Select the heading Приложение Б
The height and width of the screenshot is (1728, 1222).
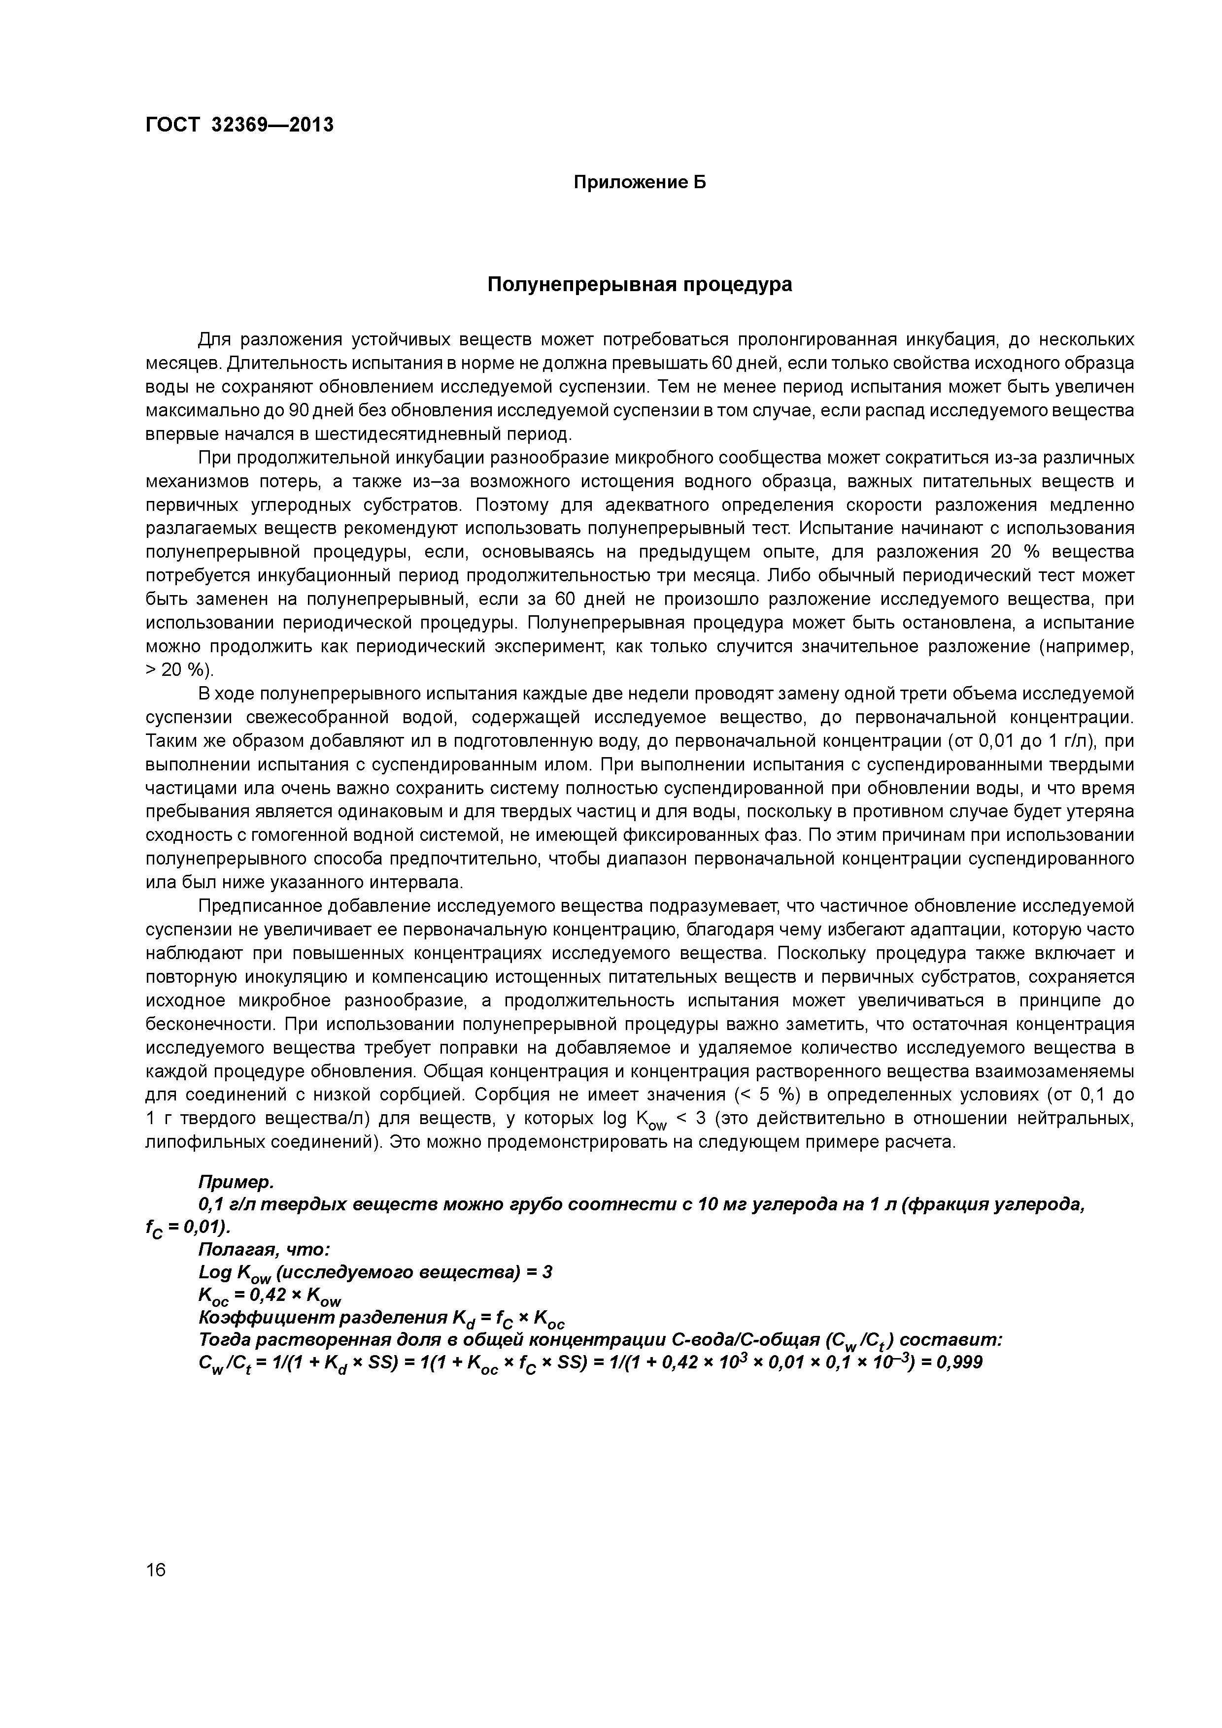tap(640, 183)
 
